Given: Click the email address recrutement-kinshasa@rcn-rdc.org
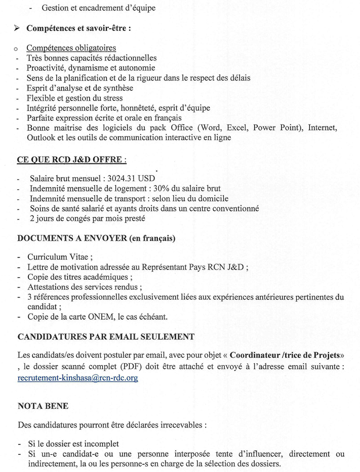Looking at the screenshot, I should tap(78, 377).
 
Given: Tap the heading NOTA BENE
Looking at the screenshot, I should tap(43, 406).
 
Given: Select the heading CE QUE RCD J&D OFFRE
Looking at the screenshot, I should tap(72, 159).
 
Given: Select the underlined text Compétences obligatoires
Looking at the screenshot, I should tap(71, 48).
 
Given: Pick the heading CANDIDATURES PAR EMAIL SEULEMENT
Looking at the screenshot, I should tap(106, 336).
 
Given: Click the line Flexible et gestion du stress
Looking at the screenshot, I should tap(75, 98).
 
